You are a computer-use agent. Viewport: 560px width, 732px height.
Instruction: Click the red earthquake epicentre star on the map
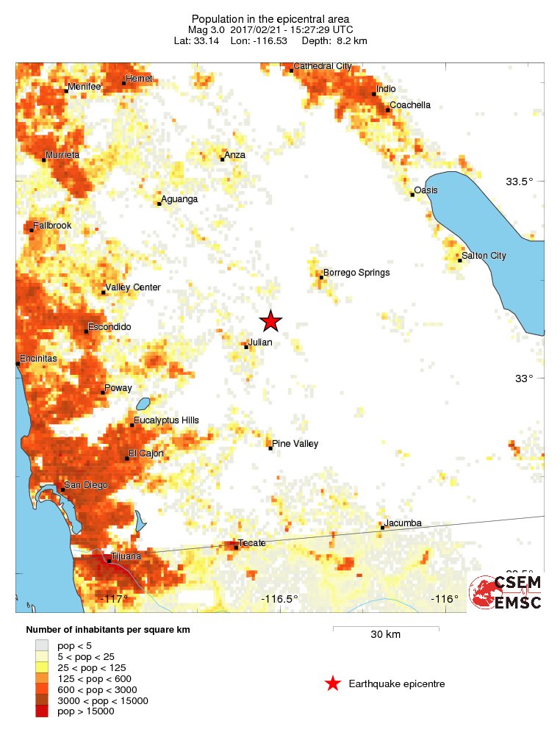pos(270,321)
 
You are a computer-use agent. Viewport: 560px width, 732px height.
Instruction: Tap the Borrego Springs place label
pos(356,273)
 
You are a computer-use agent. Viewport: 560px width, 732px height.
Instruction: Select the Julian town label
pos(259,342)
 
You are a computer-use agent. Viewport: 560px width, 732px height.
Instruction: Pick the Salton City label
pos(484,256)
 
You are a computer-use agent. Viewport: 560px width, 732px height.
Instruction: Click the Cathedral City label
pos(322,66)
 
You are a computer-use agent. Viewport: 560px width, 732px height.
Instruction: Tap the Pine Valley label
pos(295,444)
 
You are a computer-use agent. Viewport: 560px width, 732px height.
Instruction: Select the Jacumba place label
pos(403,523)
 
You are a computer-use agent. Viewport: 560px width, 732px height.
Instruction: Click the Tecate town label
pos(252,543)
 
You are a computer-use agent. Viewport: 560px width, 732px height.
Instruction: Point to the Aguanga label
pos(179,199)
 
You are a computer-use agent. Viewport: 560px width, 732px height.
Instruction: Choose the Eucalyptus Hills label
pos(166,420)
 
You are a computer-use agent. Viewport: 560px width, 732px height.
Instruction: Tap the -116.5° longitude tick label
pos(280,599)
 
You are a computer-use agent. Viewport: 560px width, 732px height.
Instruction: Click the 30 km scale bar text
pos(385,634)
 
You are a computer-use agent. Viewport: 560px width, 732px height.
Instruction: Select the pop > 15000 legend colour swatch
pos(44,711)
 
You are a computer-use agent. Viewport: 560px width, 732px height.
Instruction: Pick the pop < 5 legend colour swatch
pos(44,645)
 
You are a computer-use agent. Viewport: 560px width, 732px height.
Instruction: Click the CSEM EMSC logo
pos(506,592)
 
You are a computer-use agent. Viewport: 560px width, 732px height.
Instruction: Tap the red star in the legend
pos(333,683)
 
